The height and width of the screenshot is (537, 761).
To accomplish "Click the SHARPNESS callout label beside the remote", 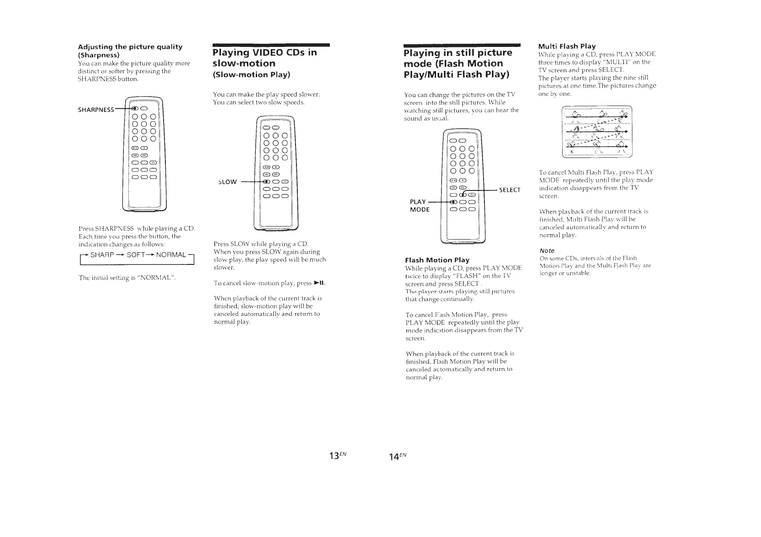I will click(96, 110).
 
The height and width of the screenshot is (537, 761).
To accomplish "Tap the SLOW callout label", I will click(227, 182).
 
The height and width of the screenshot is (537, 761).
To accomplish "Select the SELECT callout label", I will click(509, 190).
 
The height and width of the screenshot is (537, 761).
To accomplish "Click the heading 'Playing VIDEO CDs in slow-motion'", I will click(264, 58).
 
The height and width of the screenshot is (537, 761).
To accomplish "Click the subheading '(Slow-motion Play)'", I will click(251, 74).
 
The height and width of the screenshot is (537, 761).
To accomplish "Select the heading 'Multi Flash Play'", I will click(567, 46).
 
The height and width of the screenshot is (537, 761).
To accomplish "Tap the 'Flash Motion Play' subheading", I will click(437, 260).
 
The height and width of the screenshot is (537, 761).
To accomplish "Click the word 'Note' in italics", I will click(547, 250).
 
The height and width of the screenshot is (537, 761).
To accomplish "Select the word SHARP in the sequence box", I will click(102, 255).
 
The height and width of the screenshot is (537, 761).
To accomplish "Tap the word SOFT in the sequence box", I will click(136, 255).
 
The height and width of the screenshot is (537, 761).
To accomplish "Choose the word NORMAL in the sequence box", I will click(171, 255).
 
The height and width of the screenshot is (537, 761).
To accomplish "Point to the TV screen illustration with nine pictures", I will click(597, 132).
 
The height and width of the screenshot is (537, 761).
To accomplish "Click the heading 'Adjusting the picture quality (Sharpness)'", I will click(130, 51).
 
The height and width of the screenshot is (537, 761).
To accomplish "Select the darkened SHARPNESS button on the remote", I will click(134, 108).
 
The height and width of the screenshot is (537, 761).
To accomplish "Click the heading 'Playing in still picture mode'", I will click(457, 63).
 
